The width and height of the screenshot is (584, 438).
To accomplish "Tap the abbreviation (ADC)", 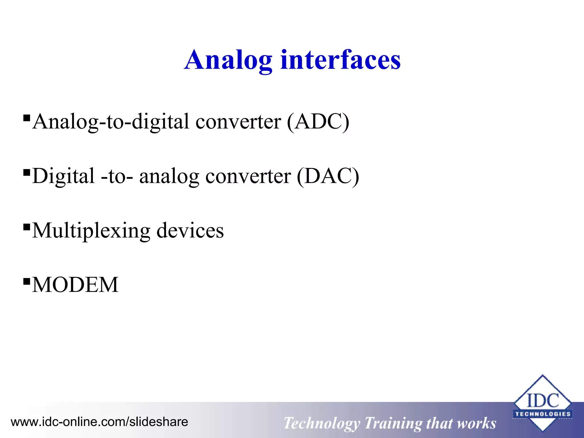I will [318, 122].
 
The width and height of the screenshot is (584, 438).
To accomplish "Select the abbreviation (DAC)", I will [328, 176].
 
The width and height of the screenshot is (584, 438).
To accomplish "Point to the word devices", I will [190, 230].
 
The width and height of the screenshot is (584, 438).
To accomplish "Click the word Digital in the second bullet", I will [63, 176].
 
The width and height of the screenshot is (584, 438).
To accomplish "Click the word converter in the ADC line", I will [238, 122].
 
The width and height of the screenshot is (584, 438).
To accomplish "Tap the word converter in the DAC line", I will [248, 176].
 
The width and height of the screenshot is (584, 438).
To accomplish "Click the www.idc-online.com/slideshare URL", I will [99, 422].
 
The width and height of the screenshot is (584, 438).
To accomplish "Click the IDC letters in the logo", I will [542, 401].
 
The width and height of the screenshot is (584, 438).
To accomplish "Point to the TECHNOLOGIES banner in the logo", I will [542, 414].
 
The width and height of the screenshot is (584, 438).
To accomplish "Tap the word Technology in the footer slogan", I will [322, 423].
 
